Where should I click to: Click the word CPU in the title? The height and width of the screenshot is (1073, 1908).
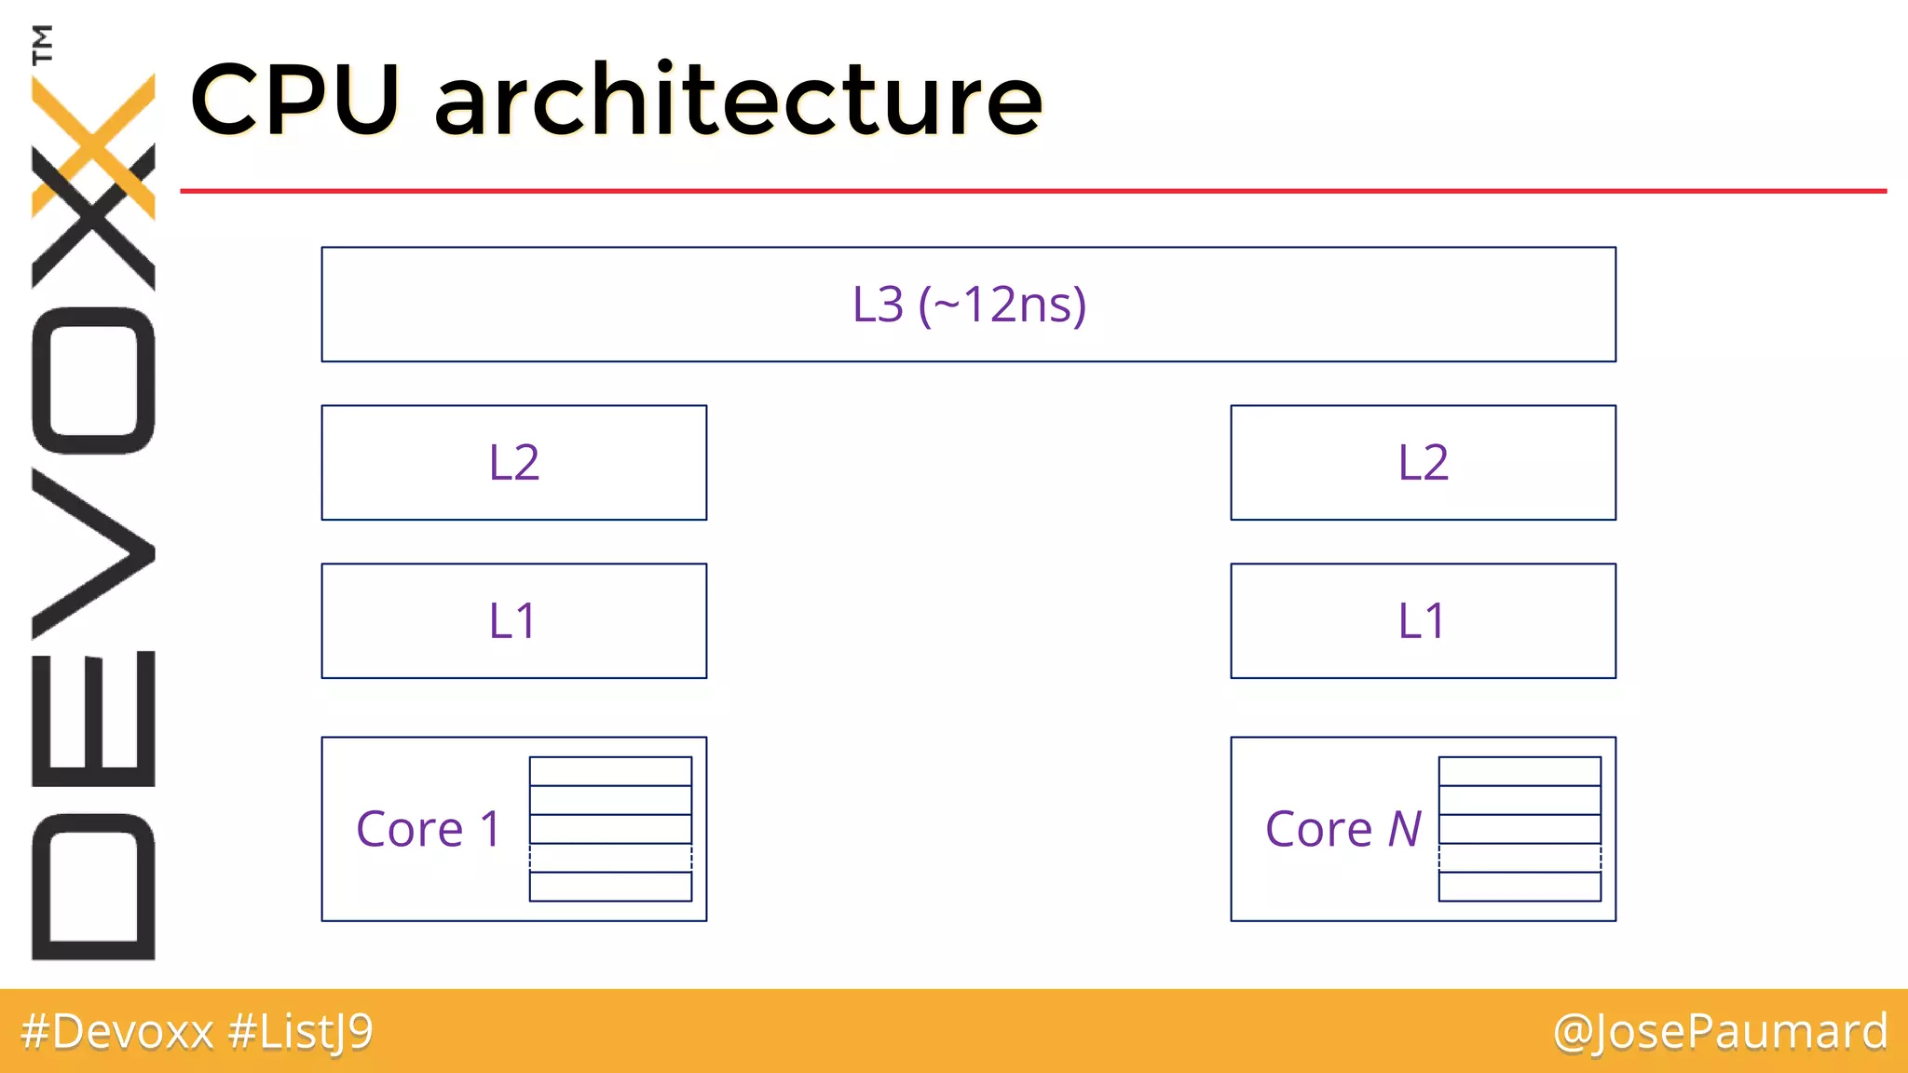point(295,100)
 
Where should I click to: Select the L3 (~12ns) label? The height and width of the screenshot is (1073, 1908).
point(969,305)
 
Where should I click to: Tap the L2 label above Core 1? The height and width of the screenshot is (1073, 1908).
point(514,463)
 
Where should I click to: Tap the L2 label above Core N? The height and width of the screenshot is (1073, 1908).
point(1423,463)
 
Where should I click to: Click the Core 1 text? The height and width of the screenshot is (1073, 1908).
point(429,829)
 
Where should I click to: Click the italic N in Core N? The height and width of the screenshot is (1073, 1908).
point(1405,829)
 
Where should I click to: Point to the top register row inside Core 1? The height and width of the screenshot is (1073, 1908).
point(610,771)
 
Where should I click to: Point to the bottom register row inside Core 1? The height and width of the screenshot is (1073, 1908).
point(610,887)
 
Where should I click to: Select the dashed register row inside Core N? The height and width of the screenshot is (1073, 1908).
point(1520,858)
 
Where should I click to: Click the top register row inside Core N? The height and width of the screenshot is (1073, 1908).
point(1520,771)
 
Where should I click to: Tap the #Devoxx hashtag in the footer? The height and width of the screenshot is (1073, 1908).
point(117,1032)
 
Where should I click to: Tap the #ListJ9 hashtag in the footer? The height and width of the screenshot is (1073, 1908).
point(300,1032)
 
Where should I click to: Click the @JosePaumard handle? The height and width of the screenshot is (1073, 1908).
point(1720,1032)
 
